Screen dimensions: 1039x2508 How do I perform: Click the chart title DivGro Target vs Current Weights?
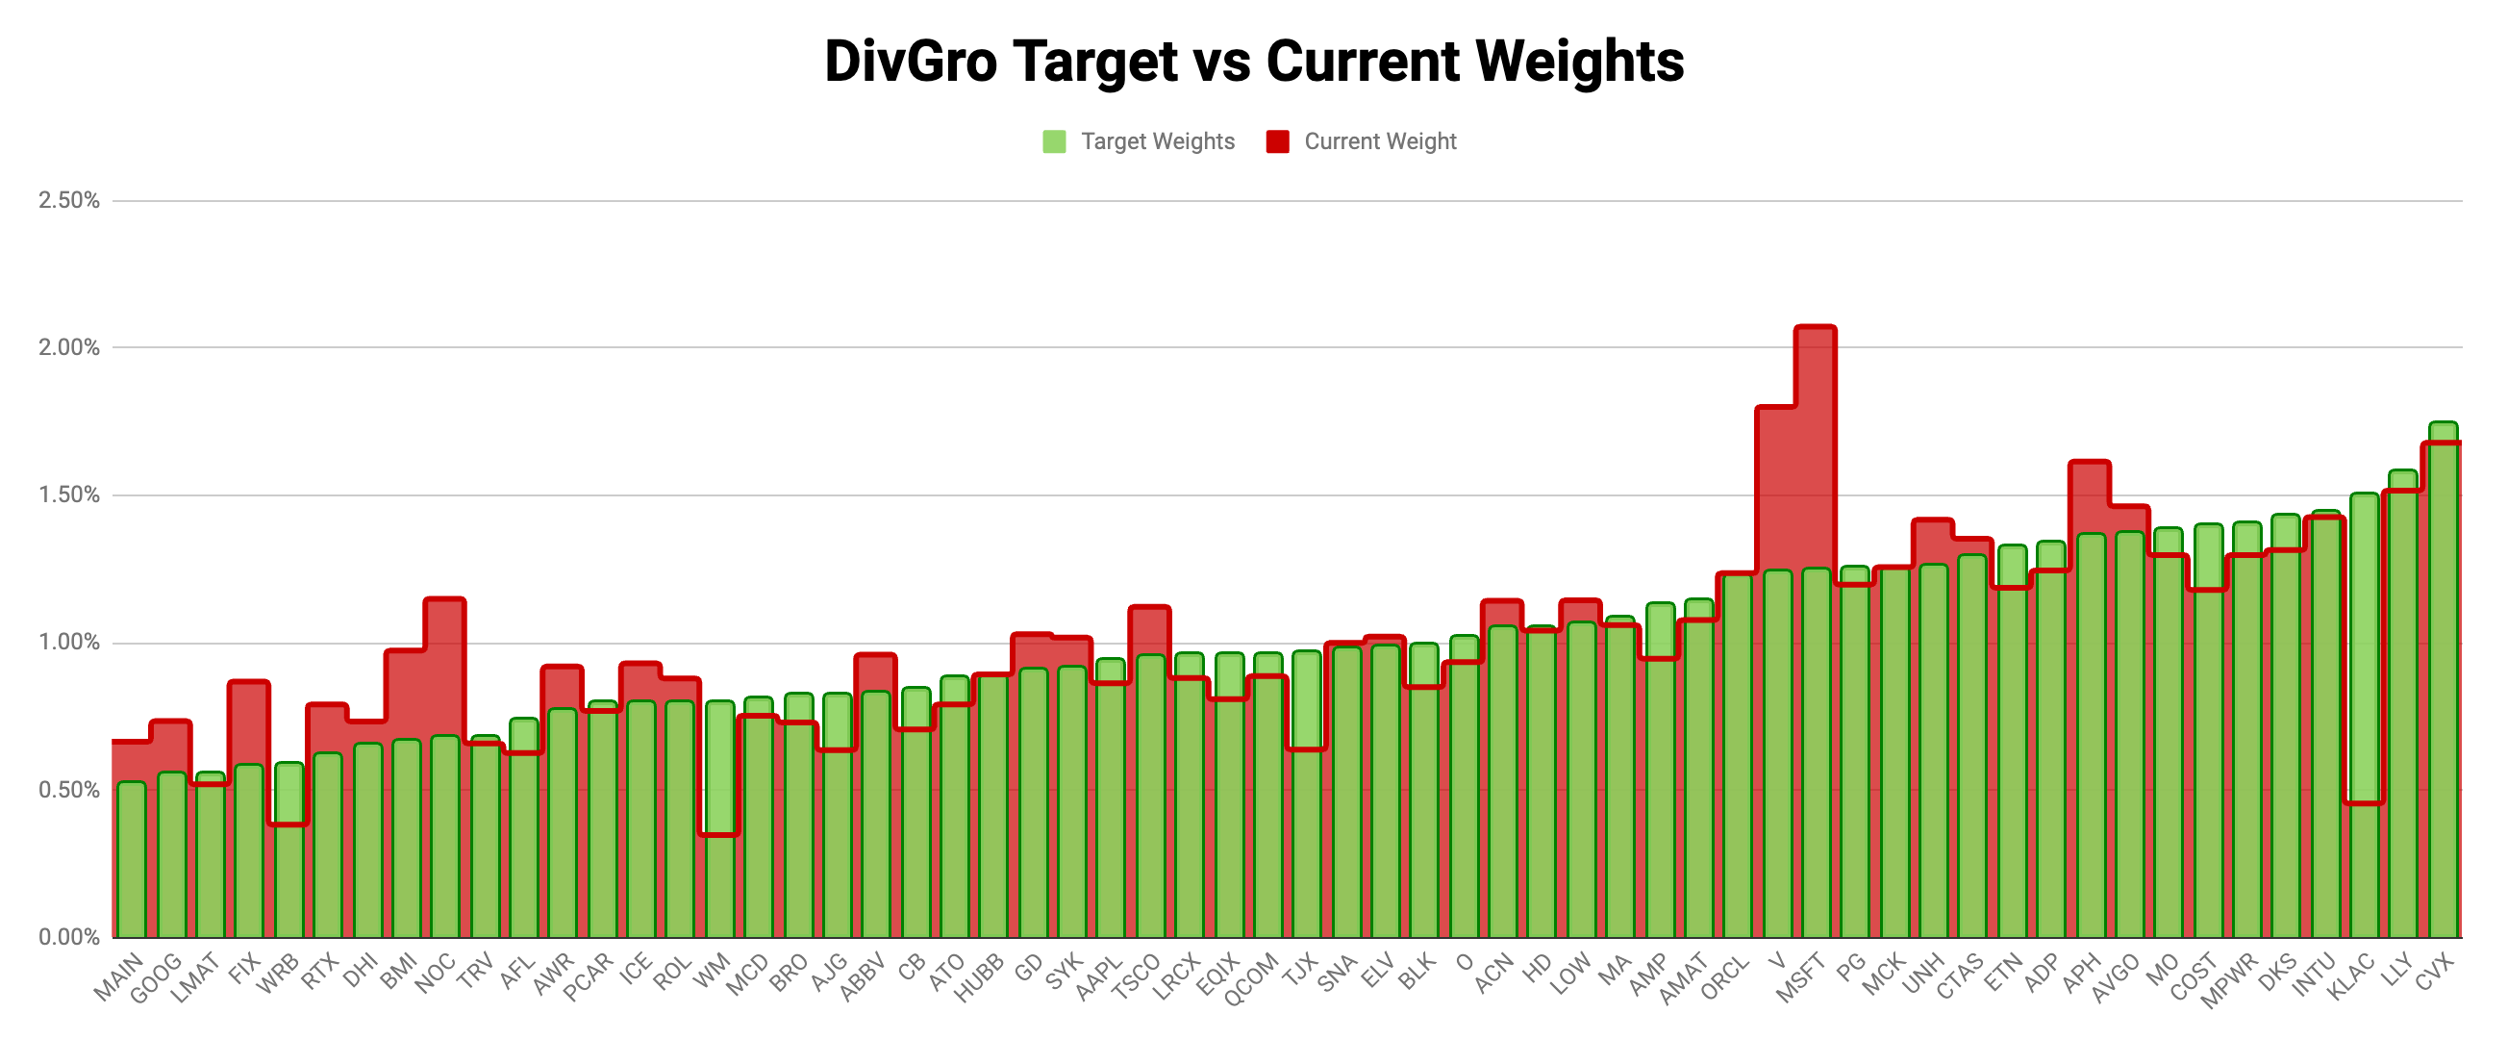(x=1253, y=62)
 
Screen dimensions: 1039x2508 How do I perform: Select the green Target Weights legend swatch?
(x=1053, y=142)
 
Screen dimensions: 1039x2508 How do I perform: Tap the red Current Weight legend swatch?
(x=1277, y=142)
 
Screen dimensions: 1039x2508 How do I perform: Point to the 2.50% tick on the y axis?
(x=69, y=201)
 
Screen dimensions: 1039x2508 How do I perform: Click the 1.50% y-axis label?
(x=69, y=495)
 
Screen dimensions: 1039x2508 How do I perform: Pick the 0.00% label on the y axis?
(x=69, y=937)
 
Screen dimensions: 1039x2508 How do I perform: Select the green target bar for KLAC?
(x=2365, y=682)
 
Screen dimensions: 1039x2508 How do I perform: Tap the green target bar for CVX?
(x=2443, y=682)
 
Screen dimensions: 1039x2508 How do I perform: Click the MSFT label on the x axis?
(x=1800, y=978)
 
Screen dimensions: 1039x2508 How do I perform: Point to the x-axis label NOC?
(x=436, y=973)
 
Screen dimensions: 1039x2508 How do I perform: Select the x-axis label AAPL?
(x=1099, y=976)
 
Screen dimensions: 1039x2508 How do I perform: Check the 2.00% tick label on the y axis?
(x=69, y=347)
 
